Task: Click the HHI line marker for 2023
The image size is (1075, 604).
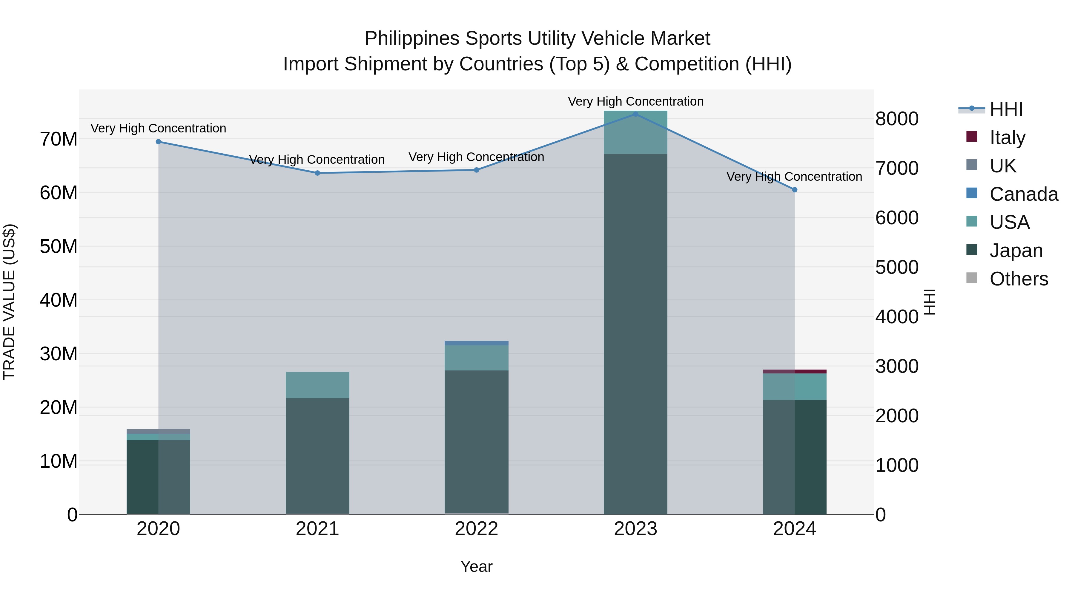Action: [x=635, y=114]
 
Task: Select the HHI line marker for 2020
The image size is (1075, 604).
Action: [x=158, y=142]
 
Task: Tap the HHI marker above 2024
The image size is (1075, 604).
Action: [x=795, y=190]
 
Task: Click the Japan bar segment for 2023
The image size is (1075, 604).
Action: [x=635, y=333]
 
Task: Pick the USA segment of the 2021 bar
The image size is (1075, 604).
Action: [x=318, y=385]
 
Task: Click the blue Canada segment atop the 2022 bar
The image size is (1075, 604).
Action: [x=477, y=343]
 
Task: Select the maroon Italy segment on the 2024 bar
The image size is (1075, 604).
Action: [x=795, y=371]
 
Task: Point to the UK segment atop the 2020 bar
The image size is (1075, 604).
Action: [x=158, y=431]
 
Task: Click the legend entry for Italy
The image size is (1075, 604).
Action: [x=1007, y=137]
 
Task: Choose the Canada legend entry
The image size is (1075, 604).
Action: [x=1023, y=194]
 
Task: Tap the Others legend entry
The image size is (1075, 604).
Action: [x=1018, y=279]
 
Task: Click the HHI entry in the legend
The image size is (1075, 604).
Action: [x=1006, y=109]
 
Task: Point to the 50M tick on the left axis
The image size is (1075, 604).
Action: [x=59, y=246]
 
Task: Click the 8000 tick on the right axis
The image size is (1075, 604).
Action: [x=897, y=119]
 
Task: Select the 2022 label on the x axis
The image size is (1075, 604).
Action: [x=477, y=529]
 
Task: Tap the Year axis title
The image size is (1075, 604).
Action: [x=477, y=566]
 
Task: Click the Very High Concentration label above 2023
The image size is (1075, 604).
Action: [x=635, y=101]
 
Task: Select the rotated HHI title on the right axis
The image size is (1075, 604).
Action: [x=930, y=302]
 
